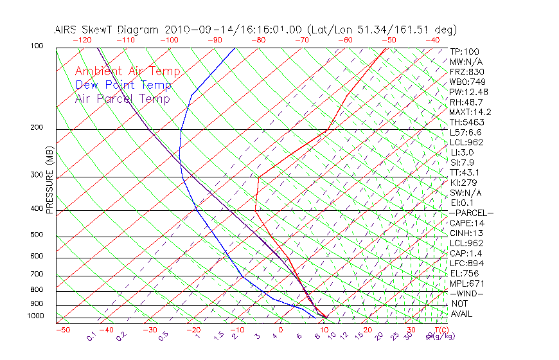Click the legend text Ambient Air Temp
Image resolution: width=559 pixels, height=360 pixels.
127,71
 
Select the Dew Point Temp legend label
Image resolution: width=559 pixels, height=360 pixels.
123,85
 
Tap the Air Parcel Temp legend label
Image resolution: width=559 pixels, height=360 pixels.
122,98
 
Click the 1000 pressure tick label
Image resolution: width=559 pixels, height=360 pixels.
37,316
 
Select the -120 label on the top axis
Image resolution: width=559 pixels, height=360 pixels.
82,40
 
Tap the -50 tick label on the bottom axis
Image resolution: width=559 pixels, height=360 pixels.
62,330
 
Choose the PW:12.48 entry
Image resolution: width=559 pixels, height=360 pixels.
468,92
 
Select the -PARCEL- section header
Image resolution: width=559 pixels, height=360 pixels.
471,213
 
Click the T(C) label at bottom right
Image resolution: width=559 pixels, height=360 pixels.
440,330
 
